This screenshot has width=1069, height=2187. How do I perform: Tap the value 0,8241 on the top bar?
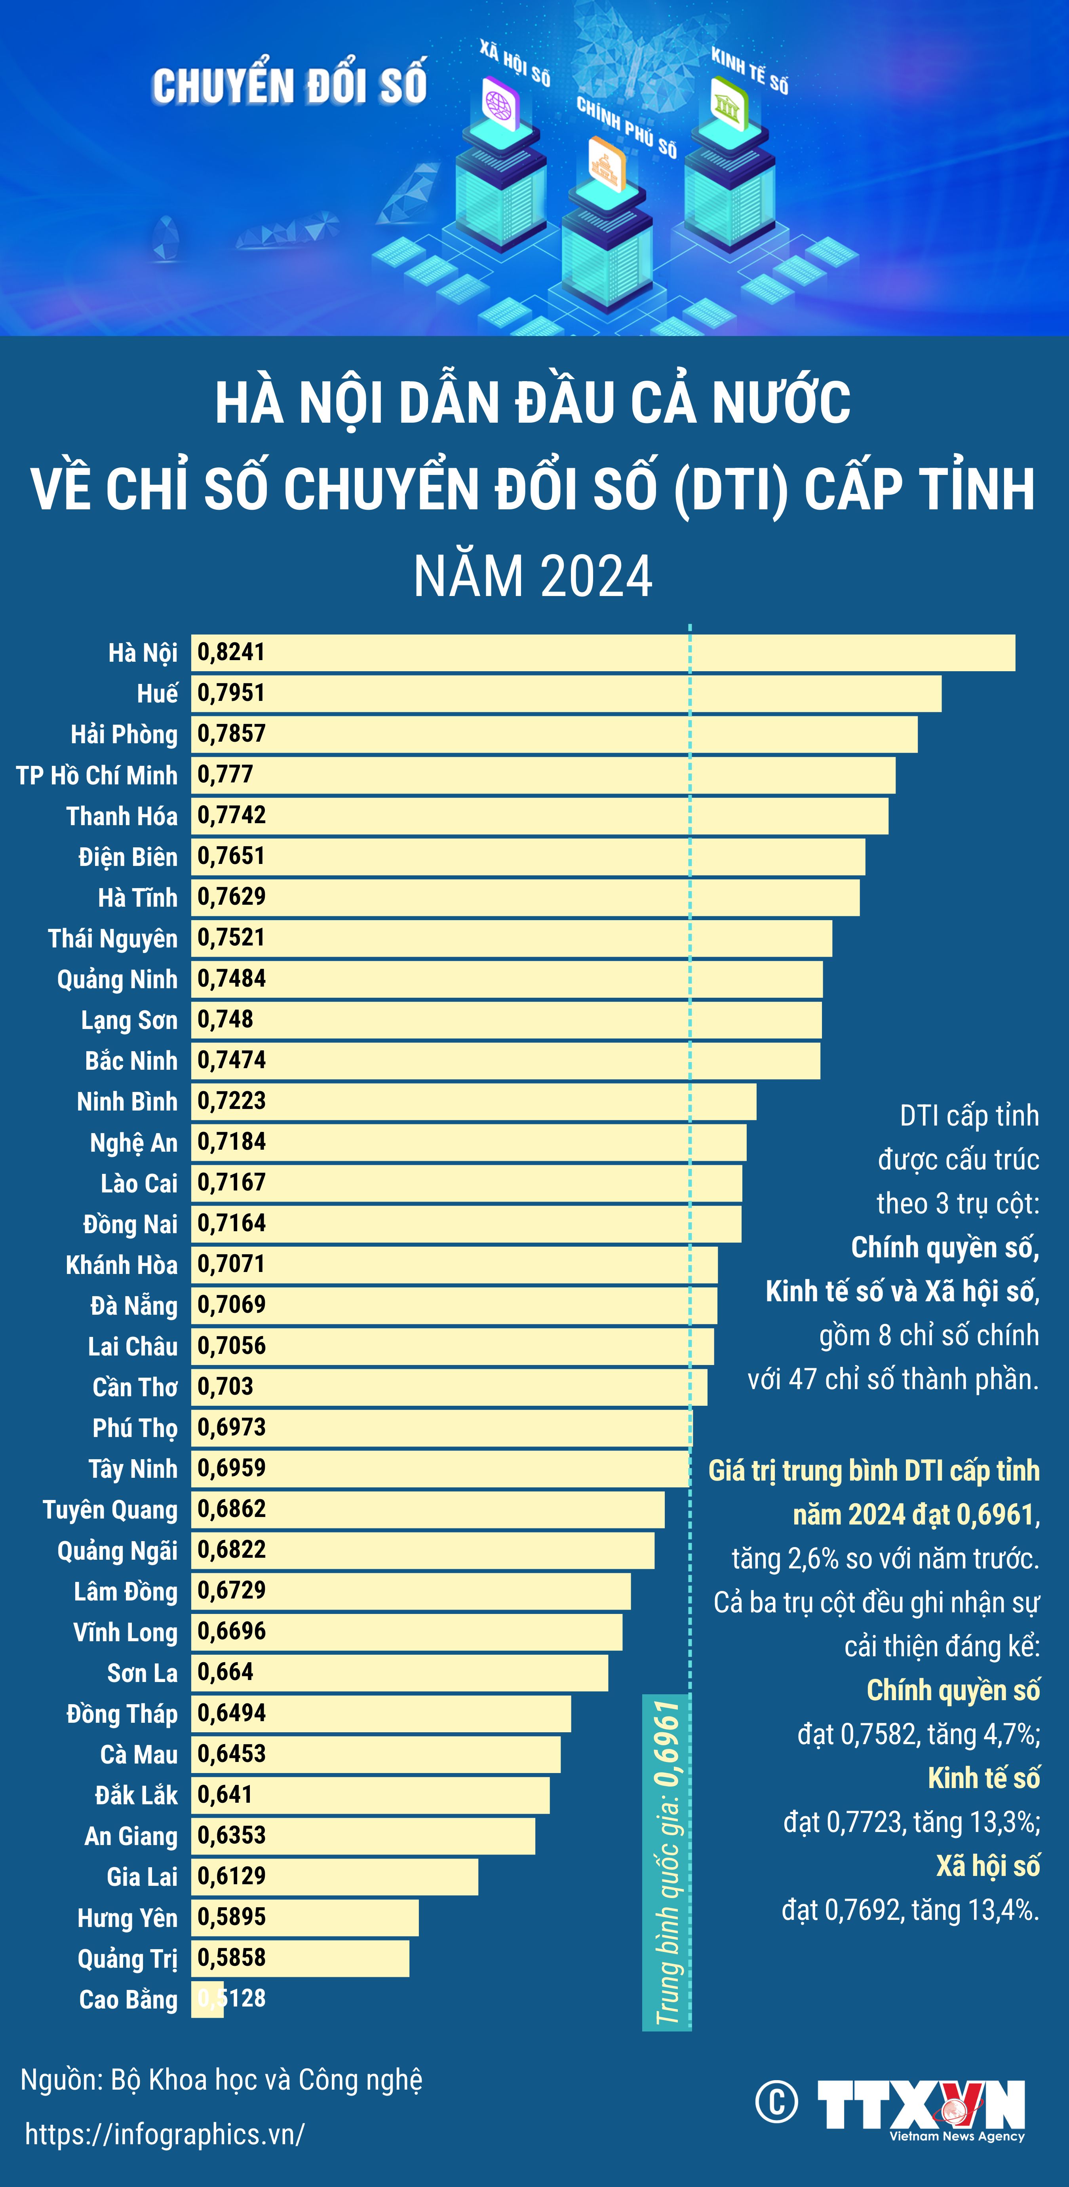pos(231,652)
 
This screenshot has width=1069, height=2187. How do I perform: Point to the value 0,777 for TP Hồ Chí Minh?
pos(225,774)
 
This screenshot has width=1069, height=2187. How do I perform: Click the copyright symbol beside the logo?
pos(776,2102)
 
